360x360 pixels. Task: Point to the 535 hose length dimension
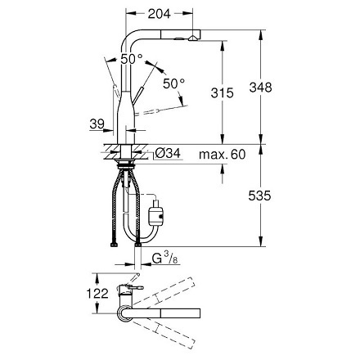[283, 196]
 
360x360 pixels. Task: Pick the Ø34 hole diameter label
[167, 154]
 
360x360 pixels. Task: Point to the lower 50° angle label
[174, 83]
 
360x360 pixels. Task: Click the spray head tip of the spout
[192, 36]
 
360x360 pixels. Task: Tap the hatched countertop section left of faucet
[110, 153]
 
